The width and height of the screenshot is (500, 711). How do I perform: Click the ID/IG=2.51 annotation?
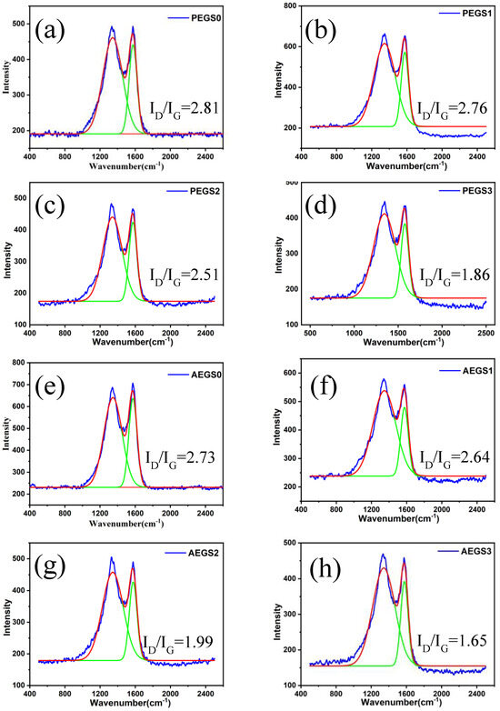180,273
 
